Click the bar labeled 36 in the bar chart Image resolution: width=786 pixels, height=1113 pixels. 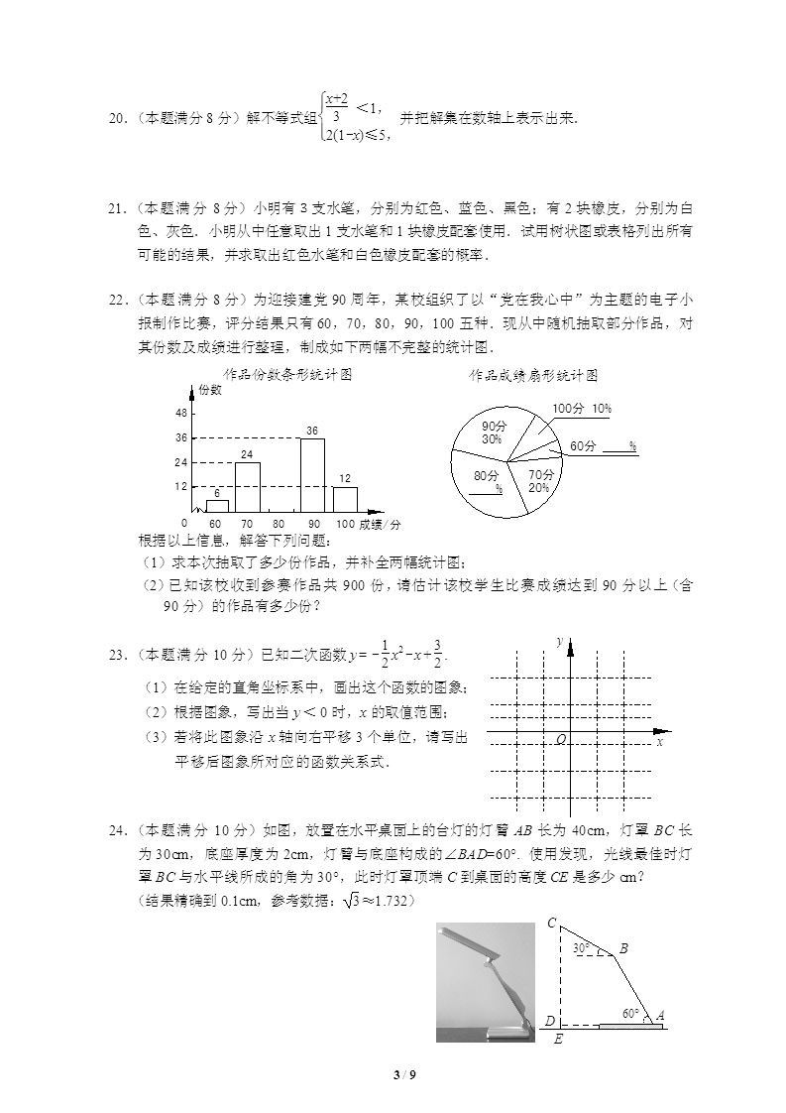click(x=312, y=475)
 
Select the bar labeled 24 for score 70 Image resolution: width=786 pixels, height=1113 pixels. click(x=248, y=487)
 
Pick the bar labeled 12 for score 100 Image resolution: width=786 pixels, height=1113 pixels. click(x=345, y=499)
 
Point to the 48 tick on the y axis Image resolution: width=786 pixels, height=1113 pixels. click(x=181, y=413)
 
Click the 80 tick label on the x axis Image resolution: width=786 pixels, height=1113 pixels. click(x=280, y=524)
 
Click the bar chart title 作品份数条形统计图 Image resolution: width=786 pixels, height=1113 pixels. click(x=287, y=375)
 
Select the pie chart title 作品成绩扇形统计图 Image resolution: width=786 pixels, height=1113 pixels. click(x=533, y=376)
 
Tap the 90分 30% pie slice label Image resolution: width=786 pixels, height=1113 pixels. click(x=493, y=432)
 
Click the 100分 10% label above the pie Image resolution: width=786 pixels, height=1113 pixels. click(x=581, y=409)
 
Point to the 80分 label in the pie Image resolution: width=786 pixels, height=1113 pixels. click(x=486, y=476)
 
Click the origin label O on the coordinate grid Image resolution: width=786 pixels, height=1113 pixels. click(x=561, y=740)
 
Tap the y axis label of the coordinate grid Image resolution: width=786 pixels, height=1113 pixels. click(x=560, y=643)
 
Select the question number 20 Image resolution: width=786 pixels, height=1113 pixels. click(x=116, y=118)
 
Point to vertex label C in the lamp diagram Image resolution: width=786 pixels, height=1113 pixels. click(x=551, y=924)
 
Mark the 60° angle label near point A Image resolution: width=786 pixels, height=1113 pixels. click(x=630, y=1014)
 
